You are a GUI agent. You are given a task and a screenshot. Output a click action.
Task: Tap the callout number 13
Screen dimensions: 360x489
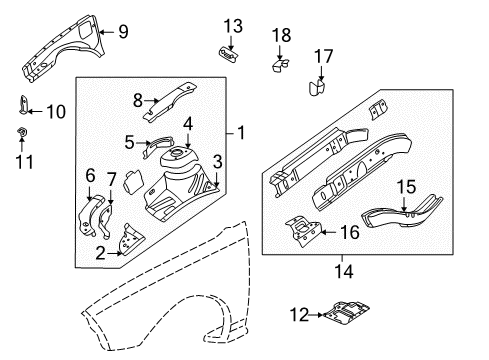(x=232, y=25)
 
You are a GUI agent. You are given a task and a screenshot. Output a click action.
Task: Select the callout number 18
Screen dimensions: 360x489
(x=281, y=35)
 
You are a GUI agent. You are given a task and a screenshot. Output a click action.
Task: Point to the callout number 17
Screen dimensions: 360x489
(x=323, y=56)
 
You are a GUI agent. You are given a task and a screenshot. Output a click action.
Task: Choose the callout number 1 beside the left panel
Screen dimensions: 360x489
(x=239, y=130)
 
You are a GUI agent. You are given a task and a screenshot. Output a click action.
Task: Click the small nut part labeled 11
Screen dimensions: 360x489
(x=22, y=133)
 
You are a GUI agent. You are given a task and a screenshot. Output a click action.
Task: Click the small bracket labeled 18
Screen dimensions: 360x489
(x=279, y=65)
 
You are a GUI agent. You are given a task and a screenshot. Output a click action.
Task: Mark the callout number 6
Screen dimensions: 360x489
(x=89, y=175)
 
